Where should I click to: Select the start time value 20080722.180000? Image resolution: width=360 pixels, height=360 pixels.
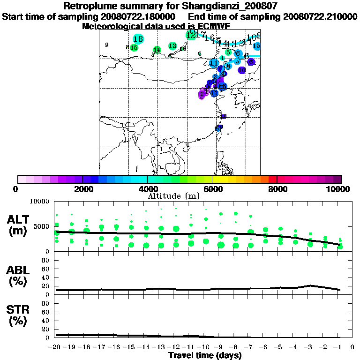pyautogui.click(x=136, y=17)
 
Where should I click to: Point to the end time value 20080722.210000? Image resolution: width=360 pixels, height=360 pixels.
pyautogui.click(x=320, y=17)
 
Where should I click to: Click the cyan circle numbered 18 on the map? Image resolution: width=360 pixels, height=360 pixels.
pyautogui.click(x=138, y=39)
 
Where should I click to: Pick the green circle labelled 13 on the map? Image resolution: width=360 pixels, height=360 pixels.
pyautogui.click(x=172, y=45)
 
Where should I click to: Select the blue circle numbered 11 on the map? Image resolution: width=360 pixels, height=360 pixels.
pyautogui.click(x=214, y=63)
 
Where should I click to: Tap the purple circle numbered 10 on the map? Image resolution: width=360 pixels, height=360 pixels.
pyautogui.click(x=242, y=70)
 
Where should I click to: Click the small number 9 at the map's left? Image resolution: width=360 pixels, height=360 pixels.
pyautogui.click(x=107, y=45)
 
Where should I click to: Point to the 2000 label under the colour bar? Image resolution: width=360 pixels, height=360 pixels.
pyautogui.click(x=82, y=189)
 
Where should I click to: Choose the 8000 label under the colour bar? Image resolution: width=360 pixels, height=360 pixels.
pyautogui.click(x=277, y=189)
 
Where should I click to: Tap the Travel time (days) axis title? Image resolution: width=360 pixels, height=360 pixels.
pyautogui.click(x=205, y=355)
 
